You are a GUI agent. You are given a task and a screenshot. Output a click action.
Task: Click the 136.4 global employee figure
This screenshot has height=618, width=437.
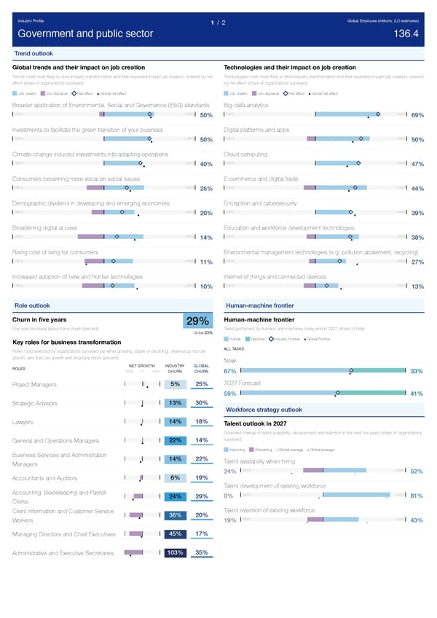tap(406, 34)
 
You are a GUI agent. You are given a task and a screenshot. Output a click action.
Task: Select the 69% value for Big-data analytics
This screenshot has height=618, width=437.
tap(417, 115)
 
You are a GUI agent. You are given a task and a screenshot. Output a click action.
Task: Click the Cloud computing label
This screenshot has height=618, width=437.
tap(245, 154)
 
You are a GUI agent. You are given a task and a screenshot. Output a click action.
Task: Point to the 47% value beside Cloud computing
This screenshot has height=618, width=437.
tap(417, 164)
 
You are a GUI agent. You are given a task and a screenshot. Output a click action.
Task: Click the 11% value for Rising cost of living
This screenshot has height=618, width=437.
tap(205, 262)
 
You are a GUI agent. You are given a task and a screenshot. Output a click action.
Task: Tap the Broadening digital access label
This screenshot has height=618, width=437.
tap(44, 228)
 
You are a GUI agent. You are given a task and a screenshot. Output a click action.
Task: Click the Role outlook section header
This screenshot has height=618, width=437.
tap(32, 305)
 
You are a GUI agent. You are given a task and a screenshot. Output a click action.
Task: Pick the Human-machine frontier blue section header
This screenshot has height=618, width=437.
tap(260, 305)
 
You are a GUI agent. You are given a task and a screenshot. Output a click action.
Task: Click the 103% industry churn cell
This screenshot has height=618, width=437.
tap(176, 552)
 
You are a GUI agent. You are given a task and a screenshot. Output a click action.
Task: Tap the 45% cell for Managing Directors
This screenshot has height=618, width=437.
tap(176, 534)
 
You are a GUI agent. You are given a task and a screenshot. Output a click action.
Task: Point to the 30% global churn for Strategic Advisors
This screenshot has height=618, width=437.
tap(202, 404)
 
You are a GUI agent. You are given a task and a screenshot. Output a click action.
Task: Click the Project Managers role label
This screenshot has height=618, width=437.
tap(35, 385)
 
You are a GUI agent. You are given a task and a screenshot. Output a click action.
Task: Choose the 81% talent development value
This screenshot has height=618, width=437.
tap(417, 497)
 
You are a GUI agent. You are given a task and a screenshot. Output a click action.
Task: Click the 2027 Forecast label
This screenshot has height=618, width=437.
tap(243, 383)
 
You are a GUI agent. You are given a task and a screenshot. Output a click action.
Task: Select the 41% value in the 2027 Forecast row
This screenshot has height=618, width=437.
tap(417, 394)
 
